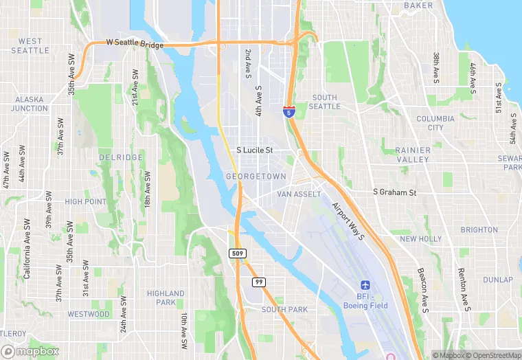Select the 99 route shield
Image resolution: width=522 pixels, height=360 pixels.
pyautogui.click(x=259, y=282)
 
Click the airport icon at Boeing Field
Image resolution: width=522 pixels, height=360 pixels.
pyautogui.click(x=365, y=285)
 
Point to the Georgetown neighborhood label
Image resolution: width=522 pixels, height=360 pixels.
pyautogui.click(x=256, y=177)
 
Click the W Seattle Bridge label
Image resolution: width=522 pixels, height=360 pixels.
pyautogui.click(x=135, y=45)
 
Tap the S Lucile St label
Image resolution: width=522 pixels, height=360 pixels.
pyautogui.click(x=255, y=150)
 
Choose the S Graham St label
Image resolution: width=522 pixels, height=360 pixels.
pyautogui.click(x=394, y=193)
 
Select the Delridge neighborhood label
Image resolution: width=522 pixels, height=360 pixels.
pyautogui.click(x=120, y=158)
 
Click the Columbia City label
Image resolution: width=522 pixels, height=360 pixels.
pyautogui.click(x=435, y=123)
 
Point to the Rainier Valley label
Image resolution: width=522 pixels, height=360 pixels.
pyautogui.click(x=412, y=155)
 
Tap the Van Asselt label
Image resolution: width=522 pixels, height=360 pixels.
pyautogui.click(x=299, y=194)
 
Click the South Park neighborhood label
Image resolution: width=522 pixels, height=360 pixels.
pyautogui.click(x=284, y=310)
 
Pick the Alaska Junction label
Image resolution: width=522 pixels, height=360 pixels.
pyautogui.click(x=30, y=104)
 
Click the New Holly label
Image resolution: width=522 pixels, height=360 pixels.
pyautogui.click(x=421, y=239)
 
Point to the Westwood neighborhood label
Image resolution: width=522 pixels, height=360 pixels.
pyautogui.click(x=89, y=314)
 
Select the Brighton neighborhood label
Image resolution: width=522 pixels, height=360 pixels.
pyautogui.click(x=479, y=230)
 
